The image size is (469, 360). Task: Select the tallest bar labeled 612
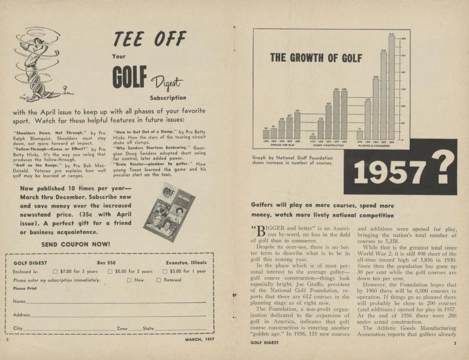pos(391,88)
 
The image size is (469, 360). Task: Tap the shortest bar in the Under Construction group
pos(312,137)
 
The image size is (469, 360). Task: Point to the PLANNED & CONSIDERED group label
pos(375,145)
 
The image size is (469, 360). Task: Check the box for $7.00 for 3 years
pos(56,271)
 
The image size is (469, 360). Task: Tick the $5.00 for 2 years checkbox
pos(110,271)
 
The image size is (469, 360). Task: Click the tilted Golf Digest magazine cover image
pos(170,212)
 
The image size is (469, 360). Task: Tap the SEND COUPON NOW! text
pos(76,244)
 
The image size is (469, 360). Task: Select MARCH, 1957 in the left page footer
pos(199,339)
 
